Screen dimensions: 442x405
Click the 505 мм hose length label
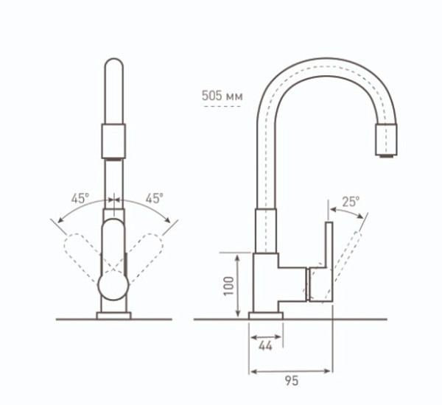pyautogui.click(x=222, y=96)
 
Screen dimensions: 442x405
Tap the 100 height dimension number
pyautogui.click(x=228, y=286)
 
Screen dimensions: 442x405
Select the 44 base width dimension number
pyautogui.click(x=265, y=346)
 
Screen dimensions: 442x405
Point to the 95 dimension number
pyautogui.click(x=292, y=381)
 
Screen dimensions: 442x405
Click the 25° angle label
pyautogui.click(x=351, y=202)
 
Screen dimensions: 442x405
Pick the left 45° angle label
pyautogui.click(x=80, y=199)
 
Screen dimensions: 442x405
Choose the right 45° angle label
pyautogui.click(x=155, y=199)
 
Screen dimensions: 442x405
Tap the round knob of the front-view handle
pyautogui.click(x=113, y=286)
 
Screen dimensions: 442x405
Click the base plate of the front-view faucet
pyautogui.click(x=114, y=316)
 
